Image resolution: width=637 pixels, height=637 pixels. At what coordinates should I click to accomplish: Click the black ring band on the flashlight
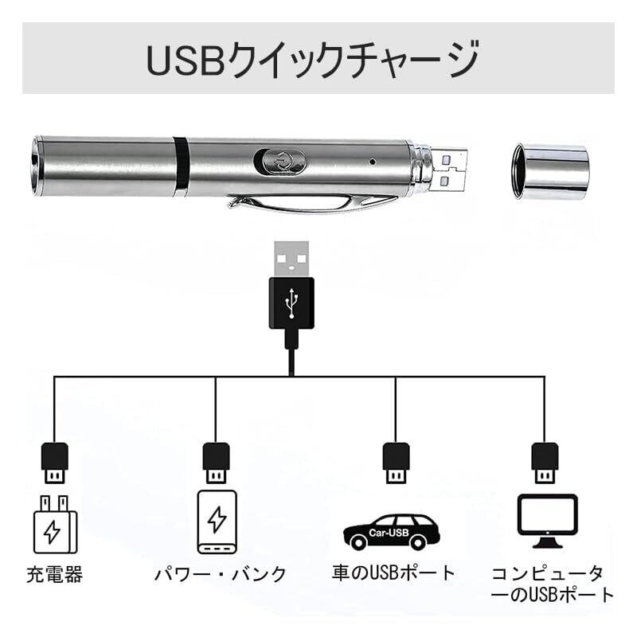pyautogui.click(x=182, y=165)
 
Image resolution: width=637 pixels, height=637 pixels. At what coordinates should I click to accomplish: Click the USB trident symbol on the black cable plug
pyautogui.click(x=291, y=302)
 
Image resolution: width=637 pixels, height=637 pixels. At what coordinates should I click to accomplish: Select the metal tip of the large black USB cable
pyautogui.click(x=291, y=258)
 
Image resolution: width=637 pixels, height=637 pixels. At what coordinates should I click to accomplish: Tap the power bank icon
pyautogui.click(x=217, y=522)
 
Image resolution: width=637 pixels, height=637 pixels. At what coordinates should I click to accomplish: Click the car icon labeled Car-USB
pyautogui.click(x=391, y=531)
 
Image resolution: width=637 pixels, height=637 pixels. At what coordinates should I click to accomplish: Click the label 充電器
pyautogui.click(x=54, y=575)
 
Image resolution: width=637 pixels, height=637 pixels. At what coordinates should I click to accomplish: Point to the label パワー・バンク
pyautogui.click(x=220, y=575)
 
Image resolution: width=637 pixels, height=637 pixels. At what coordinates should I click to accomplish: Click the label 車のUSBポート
pyautogui.click(x=393, y=573)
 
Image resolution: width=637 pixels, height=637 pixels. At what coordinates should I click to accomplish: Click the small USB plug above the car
pyautogui.click(x=396, y=462)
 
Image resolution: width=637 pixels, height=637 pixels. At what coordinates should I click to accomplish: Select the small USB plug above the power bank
pyautogui.click(x=217, y=462)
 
